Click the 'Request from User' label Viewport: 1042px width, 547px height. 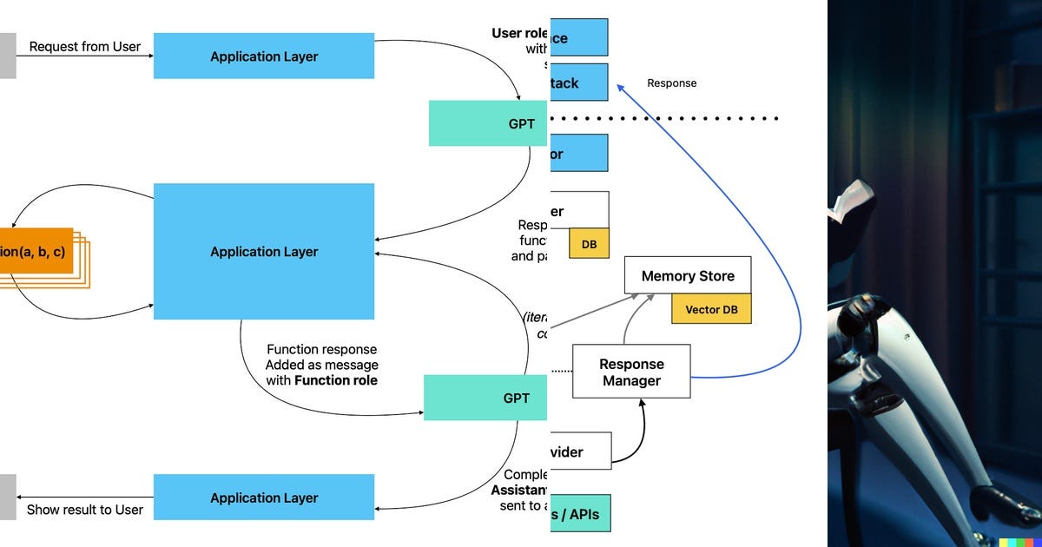pyautogui.click(x=84, y=47)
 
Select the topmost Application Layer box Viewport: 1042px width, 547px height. pyautogui.click(x=264, y=56)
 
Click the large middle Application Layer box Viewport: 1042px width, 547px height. pyautogui.click(x=264, y=252)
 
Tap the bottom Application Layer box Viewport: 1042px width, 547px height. pyautogui.click(x=264, y=498)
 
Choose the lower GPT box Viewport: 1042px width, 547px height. pyautogui.click(x=486, y=398)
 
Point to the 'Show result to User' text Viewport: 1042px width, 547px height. pyautogui.click(x=84, y=510)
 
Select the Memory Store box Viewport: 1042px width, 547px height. pyautogui.click(x=687, y=276)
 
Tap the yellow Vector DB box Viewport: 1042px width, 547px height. pyautogui.click(x=711, y=309)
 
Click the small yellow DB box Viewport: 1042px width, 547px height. pyautogui.click(x=589, y=244)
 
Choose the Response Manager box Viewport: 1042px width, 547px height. pyautogui.click(x=631, y=372)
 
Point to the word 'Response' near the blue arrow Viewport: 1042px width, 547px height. pyautogui.click(x=671, y=83)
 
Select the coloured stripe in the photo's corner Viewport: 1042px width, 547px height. pyautogui.click(x=1019, y=543)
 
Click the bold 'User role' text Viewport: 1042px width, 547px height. pyautogui.click(x=519, y=33)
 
